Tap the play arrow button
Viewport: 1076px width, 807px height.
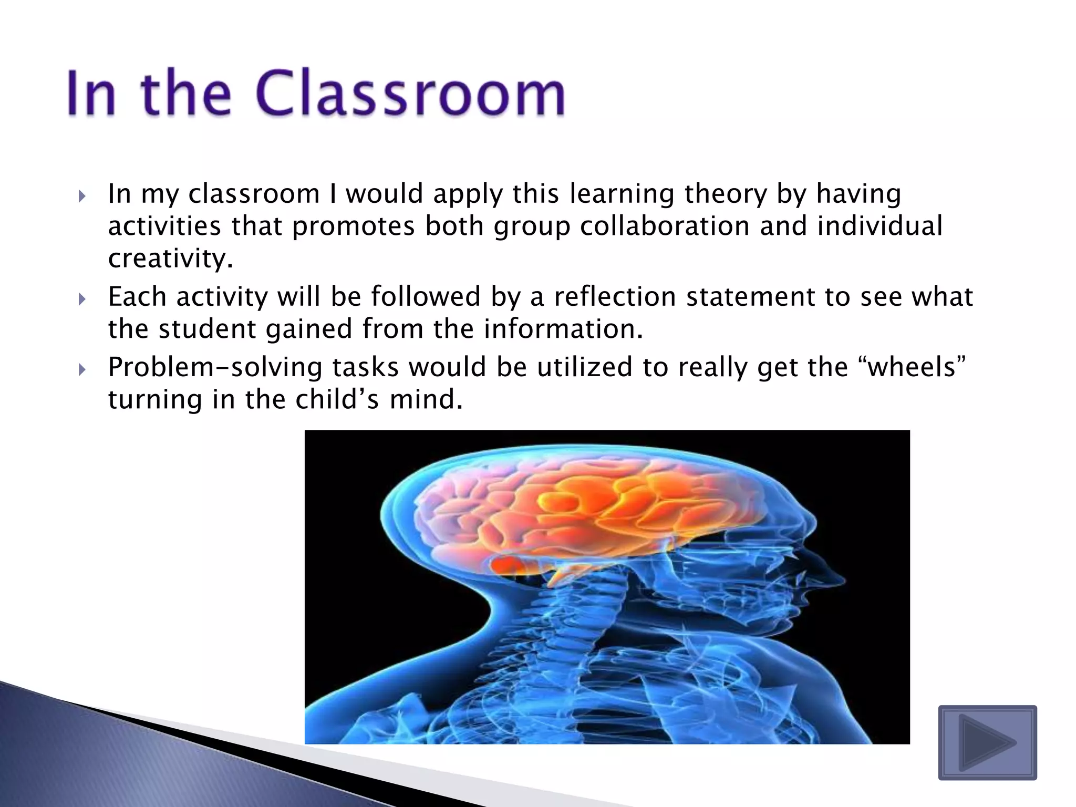987,742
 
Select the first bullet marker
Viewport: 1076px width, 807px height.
81,196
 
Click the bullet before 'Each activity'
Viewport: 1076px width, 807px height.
81,299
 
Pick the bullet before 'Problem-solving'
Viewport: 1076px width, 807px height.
81,370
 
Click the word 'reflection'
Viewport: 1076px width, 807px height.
615,296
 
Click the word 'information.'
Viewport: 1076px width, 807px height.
563,329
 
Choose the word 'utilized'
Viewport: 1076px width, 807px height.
584,367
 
